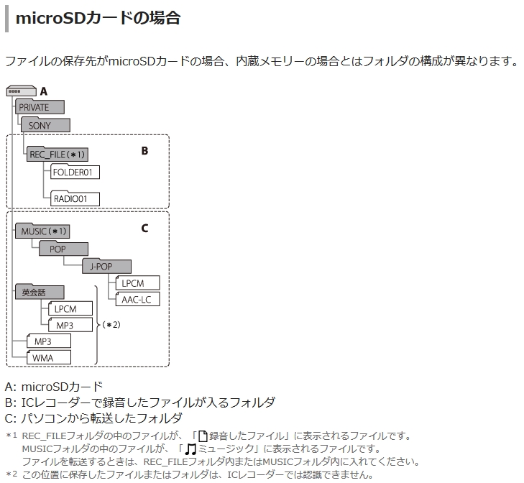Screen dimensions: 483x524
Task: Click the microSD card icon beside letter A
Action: coord(21,91)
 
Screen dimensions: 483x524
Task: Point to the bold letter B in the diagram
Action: coord(144,151)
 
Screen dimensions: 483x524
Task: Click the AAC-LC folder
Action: coord(137,299)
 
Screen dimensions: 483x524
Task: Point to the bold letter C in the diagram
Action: coord(144,229)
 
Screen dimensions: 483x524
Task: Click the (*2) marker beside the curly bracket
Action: coord(111,325)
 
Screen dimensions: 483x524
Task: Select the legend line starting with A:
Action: coord(54,387)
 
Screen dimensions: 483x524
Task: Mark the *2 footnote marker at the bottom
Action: coord(11,474)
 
